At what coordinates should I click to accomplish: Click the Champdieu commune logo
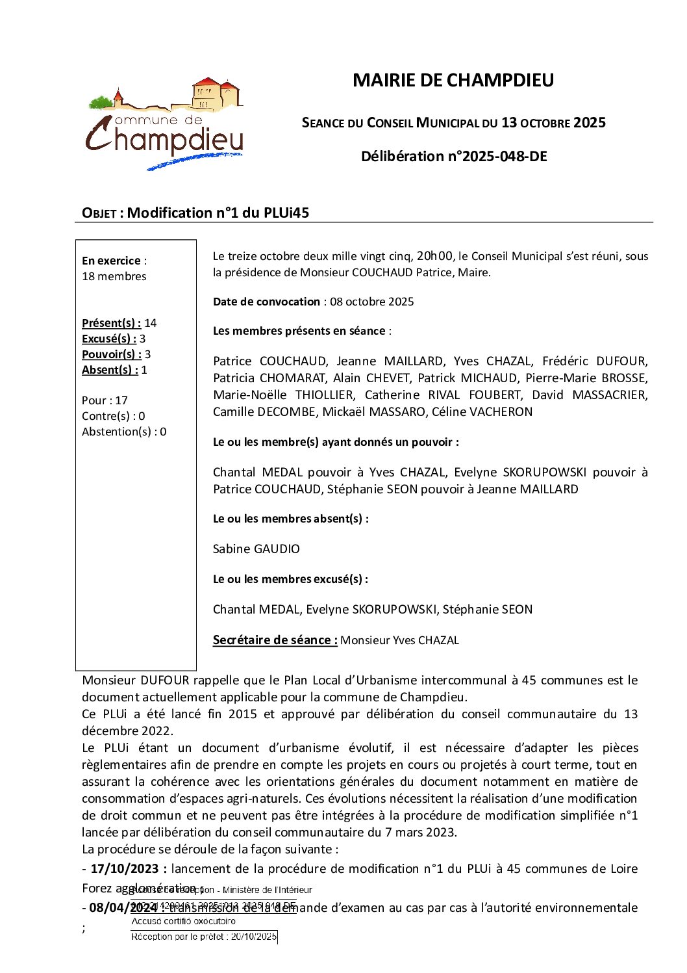click(165, 124)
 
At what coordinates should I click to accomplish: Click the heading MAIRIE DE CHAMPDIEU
click(453, 80)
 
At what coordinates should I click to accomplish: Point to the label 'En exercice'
click(111, 261)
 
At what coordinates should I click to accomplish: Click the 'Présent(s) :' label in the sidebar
click(111, 323)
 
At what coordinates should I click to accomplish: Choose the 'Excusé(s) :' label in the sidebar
click(109, 339)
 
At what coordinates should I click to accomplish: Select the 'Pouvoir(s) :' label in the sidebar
click(112, 354)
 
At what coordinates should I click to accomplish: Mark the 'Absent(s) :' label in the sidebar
click(110, 370)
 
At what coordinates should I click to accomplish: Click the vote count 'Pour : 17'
click(105, 400)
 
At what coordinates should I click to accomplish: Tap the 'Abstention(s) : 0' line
click(124, 432)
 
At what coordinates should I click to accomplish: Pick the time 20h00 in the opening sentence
click(435, 255)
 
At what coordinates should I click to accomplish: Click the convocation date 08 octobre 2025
click(372, 302)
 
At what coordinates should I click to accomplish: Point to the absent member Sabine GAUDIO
click(256, 549)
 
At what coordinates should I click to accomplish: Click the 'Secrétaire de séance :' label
click(275, 640)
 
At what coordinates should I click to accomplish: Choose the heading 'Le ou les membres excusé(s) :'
click(290, 579)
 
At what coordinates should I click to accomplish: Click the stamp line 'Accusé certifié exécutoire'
click(184, 921)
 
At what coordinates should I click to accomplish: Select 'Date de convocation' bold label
click(266, 302)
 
